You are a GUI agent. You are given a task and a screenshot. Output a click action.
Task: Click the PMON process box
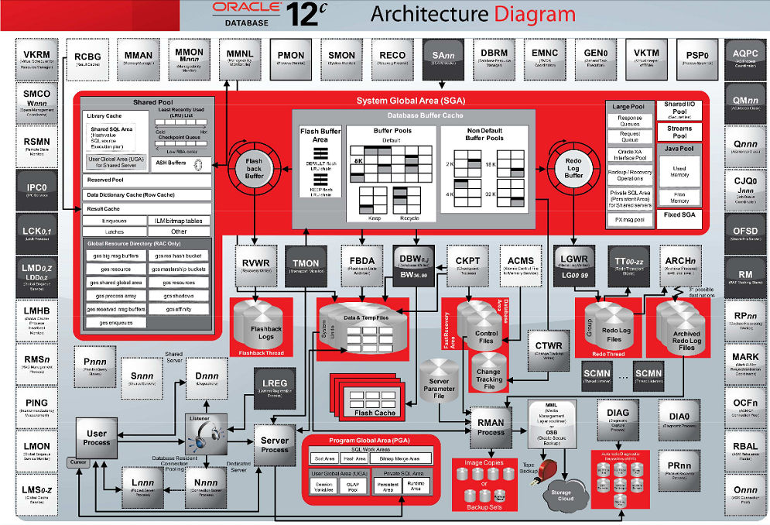[x=291, y=59]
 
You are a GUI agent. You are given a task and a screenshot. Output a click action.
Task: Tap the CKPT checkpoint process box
[x=468, y=264]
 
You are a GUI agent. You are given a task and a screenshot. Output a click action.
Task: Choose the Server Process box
[x=275, y=445]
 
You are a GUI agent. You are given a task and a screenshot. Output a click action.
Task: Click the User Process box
[x=97, y=437]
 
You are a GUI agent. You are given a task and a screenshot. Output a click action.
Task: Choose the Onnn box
[x=744, y=493]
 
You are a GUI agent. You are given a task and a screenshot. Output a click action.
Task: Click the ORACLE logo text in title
[x=248, y=8]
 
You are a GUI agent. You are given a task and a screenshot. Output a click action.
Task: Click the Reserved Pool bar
[x=147, y=180]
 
